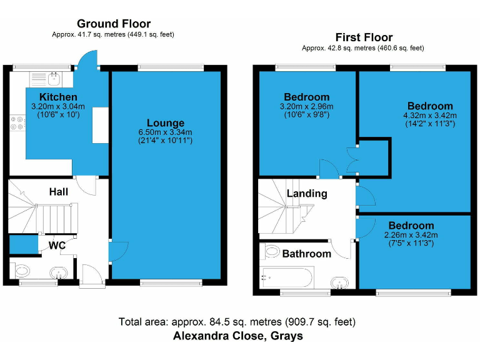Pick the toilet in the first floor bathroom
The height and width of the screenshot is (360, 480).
click(x=272, y=251)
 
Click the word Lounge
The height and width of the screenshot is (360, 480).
click(x=166, y=122)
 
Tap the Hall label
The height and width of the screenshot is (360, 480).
click(x=59, y=192)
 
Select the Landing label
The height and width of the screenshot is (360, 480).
click(x=307, y=193)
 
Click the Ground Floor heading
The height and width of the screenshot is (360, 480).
click(x=113, y=24)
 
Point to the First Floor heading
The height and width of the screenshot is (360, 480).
click(x=364, y=37)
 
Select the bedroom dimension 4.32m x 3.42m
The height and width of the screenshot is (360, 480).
click(x=430, y=115)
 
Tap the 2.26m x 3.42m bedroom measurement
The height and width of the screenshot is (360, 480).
click(x=411, y=235)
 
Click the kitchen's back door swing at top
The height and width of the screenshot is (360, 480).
click(x=86, y=60)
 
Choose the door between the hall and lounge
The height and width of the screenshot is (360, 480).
click(x=114, y=251)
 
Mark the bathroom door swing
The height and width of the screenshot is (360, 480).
click(x=341, y=249)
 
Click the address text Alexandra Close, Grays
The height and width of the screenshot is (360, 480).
click(x=237, y=336)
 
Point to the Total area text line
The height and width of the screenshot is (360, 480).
click(x=237, y=322)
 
